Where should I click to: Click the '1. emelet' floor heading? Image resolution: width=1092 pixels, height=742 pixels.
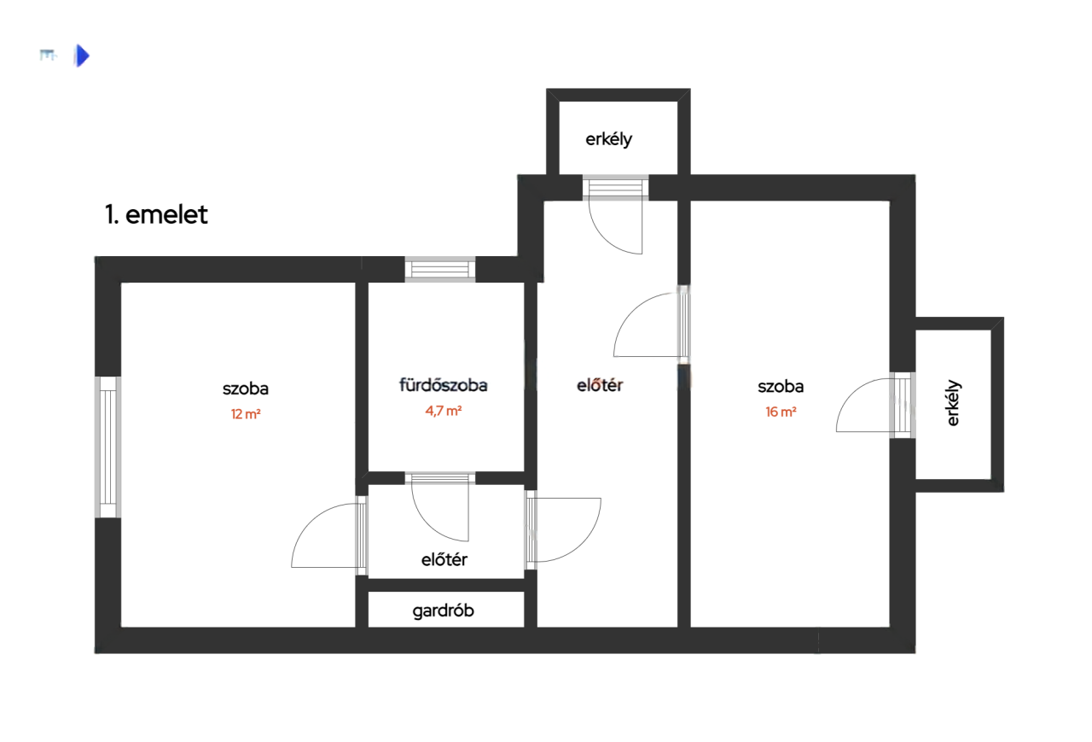156,214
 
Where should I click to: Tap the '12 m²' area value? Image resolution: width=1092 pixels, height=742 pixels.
246,414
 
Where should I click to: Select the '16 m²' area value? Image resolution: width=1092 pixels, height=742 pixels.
781,412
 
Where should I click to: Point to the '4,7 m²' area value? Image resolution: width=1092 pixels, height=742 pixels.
443,411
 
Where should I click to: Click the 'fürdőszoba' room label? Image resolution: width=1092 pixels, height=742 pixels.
443,385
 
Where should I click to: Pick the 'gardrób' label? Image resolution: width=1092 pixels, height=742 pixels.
443,611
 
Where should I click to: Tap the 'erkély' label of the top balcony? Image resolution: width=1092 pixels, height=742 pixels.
608,139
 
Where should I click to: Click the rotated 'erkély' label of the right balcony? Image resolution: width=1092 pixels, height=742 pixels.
953,403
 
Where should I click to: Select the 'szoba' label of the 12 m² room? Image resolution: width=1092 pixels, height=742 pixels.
246,389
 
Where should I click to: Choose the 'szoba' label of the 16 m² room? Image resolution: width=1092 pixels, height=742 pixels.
781,387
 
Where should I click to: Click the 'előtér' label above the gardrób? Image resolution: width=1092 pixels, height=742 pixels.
444,559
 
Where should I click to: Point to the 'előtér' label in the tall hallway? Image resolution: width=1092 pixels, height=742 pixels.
600,385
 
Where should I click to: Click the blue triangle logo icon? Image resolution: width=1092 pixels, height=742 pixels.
82,56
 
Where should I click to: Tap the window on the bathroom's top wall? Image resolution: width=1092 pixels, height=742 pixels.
439,269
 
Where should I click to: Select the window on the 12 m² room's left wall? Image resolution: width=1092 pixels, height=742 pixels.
107,447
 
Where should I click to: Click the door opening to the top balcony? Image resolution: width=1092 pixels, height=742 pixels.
616,214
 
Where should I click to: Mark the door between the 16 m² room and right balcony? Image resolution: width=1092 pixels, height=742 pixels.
875,405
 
